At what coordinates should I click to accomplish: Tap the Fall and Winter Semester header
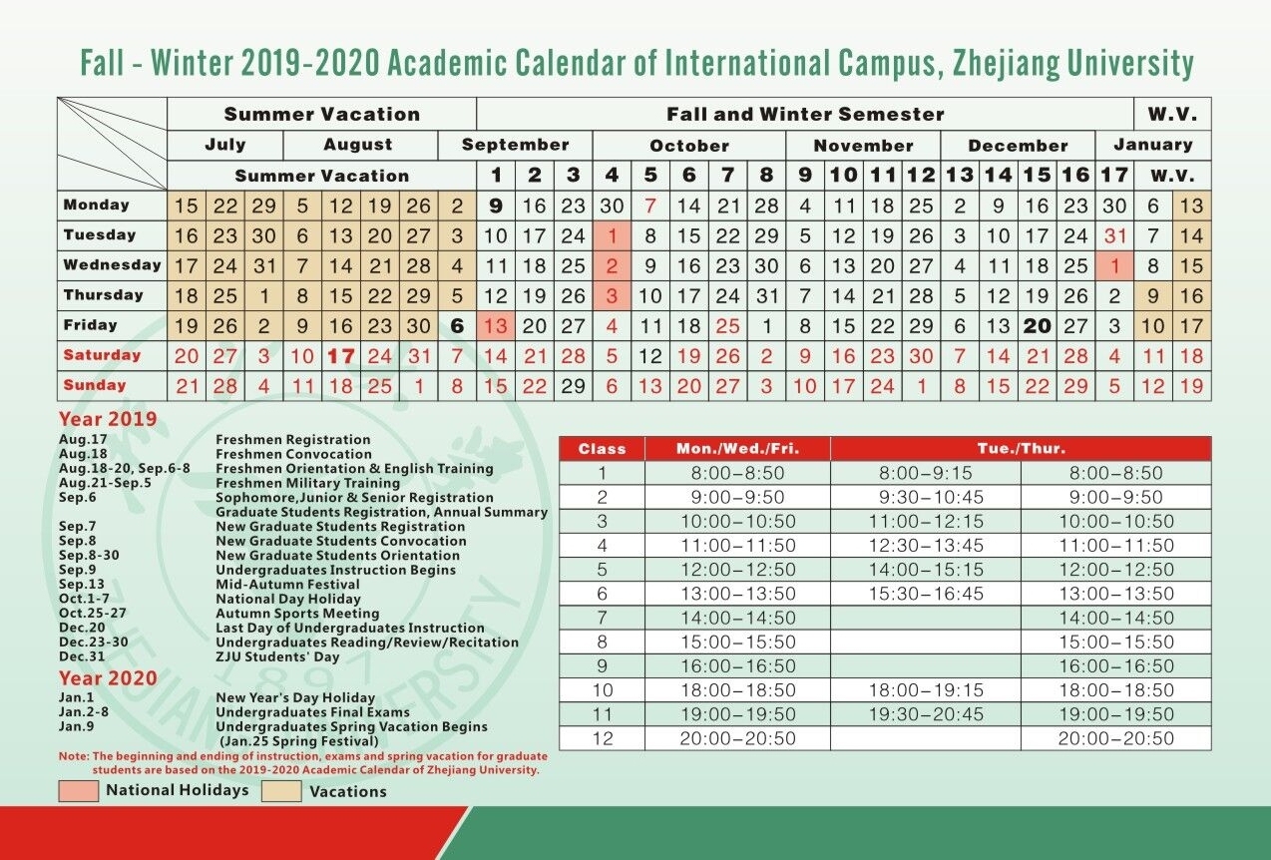[x=805, y=114]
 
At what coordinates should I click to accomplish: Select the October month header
[x=688, y=145]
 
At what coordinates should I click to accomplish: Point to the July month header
[x=224, y=145]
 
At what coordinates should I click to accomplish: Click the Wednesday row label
[x=112, y=265]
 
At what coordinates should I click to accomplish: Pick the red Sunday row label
[x=95, y=385]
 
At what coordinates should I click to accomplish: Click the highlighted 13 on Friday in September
[x=496, y=326]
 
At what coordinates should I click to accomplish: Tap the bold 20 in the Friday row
[x=1037, y=326]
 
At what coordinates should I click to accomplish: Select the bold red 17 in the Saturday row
[x=341, y=356]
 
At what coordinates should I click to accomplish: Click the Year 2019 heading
[x=108, y=419]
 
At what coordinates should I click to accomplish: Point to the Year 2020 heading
[x=108, y=678]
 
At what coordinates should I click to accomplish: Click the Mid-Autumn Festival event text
[x=287, y=585]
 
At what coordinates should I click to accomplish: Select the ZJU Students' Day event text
[x=277, y=657]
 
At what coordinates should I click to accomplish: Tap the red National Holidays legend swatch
[x=79, y=791]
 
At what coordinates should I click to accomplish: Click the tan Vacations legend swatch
[x=281, y=791]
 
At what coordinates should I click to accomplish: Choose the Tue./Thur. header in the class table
[x=1021, y=449]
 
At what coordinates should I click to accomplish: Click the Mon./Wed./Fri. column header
[x=737, y=449]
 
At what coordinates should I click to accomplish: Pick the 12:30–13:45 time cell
[x=926, y=546]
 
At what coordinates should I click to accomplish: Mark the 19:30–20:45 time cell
[x=926, y=714]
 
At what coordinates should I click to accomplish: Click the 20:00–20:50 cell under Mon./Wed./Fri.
[x=737, y=738]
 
